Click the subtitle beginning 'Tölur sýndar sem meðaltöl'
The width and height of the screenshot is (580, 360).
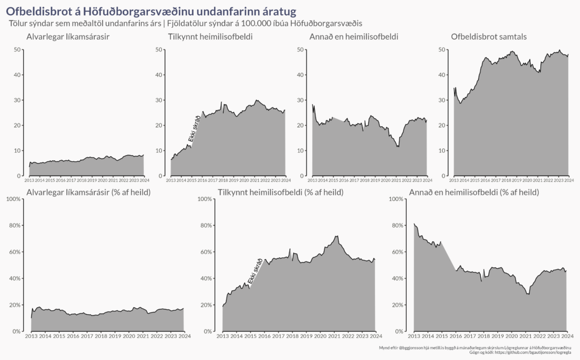pyautogui.click(x=186, y=24)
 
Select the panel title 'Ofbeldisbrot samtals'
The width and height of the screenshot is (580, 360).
pyautogui.click(x=489, y=37)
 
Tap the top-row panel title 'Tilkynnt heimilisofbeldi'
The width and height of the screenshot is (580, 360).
pyautogui.click(x=210, y=37)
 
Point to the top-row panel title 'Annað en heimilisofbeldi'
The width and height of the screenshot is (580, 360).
pyautogui.click(x=353, y=37)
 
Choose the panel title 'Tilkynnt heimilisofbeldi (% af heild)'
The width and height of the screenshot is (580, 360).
pyautogui.click(x=280, y=193)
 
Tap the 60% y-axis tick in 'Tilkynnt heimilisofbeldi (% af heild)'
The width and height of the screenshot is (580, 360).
pyautogui.click(x=204, y=252)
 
